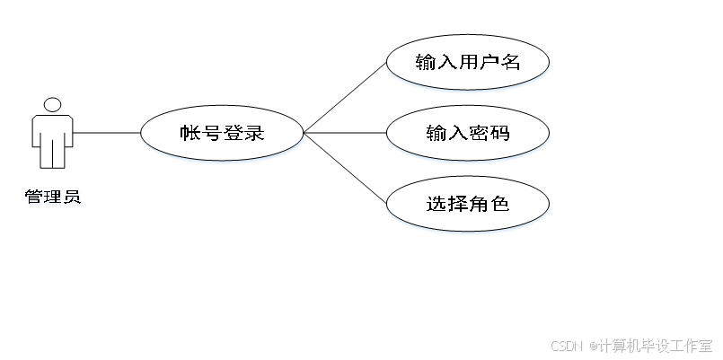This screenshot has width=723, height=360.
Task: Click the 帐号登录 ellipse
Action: click(223, 134)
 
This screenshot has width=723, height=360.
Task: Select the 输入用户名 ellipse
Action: click(467, 62)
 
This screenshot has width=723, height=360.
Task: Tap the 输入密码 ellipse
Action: click(467, 134)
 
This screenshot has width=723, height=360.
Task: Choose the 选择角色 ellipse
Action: click(467, 204)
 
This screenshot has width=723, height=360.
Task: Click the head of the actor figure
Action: click(53, 105)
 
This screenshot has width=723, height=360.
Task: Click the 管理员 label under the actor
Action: click(53, 198)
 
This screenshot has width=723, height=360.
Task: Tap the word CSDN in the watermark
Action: click(566, 345)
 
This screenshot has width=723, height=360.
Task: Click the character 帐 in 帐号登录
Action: click(190, 135)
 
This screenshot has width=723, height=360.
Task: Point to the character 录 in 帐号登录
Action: click(255, 135)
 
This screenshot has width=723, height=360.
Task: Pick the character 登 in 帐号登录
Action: click(234, 135)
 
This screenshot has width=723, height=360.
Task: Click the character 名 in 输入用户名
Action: click(511, 62)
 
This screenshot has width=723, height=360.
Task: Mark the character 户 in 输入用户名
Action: click(489, 62)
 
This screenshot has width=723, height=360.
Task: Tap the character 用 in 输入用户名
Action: click(468, 62)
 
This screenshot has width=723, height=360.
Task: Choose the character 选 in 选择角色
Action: click(436, 204)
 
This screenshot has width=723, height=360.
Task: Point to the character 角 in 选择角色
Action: click(479, 204)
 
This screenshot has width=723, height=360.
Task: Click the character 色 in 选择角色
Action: click(500, 204)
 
